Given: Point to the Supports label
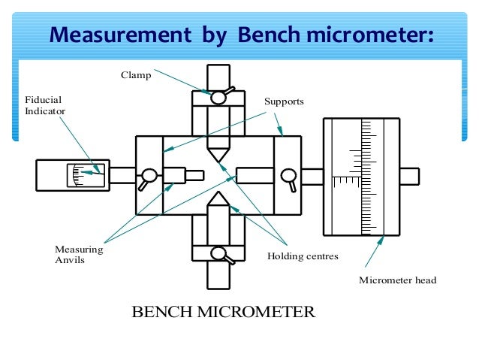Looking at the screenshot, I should point(284,101).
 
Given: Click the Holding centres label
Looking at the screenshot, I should point(303,256).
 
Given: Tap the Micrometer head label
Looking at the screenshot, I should point(397,280).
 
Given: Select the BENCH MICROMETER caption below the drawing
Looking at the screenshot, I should point(223,311).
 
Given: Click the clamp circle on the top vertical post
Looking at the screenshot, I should point(218,97).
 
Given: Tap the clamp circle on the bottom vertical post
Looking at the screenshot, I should point(218,253).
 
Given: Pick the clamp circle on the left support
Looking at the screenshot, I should point(149,177).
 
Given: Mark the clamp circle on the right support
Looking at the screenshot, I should point(288,176).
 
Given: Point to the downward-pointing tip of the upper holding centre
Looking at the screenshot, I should point(218,159).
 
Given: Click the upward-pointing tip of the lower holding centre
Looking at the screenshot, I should point(218,194).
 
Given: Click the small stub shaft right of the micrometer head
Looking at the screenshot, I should point(409,176).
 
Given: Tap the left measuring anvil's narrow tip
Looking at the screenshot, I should point(194,176).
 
